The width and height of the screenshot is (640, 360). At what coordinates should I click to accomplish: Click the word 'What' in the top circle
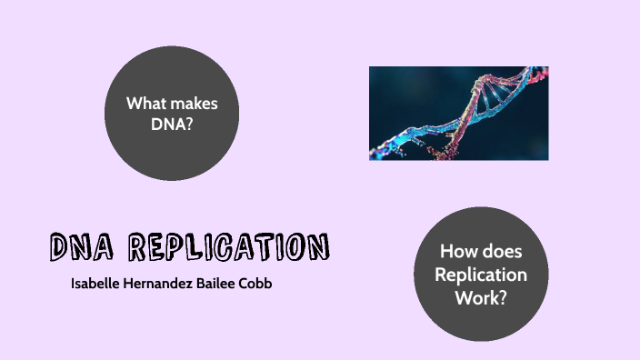[x=146, y=104]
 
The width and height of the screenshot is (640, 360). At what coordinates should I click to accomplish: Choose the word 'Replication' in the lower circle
[x=481, y=275]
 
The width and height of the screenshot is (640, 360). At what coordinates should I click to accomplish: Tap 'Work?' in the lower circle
[x=481, y=297]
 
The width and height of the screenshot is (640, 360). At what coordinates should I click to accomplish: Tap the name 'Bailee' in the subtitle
[x=225, y=284]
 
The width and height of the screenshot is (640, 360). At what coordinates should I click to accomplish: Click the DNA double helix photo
[x=458, y=114]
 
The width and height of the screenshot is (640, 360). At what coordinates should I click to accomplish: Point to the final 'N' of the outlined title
[x=317, y=246]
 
